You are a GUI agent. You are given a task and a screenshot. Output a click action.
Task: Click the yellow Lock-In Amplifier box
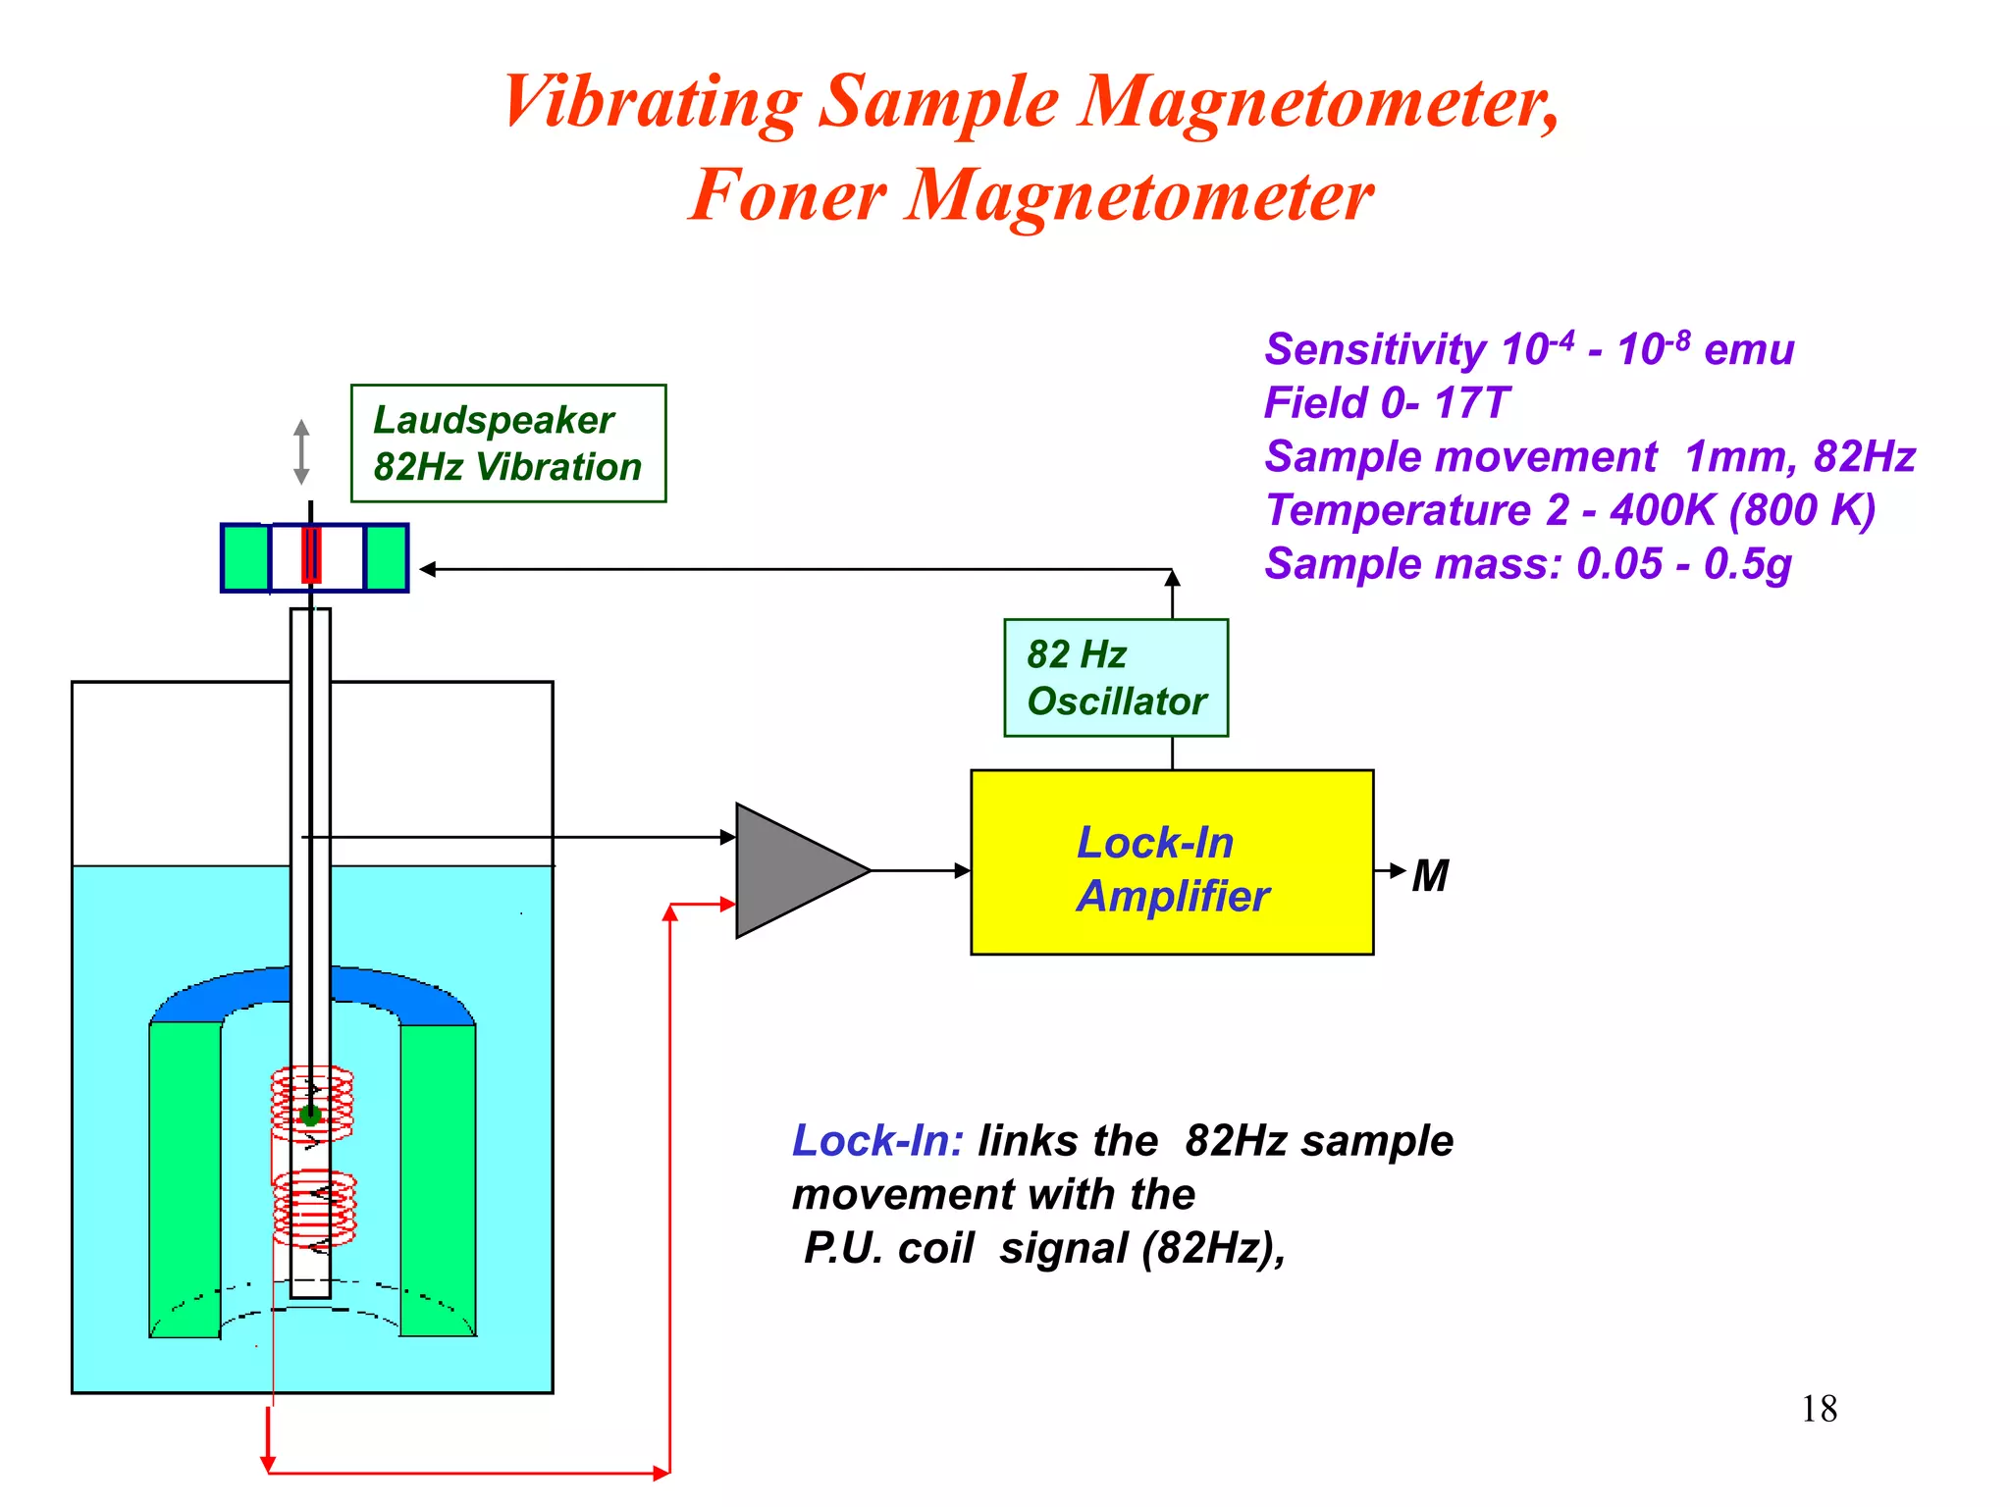tap(1172, 861)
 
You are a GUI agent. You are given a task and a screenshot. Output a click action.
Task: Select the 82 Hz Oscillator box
tap(1116, 678)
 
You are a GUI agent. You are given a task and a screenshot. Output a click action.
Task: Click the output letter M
tap(1430, 876)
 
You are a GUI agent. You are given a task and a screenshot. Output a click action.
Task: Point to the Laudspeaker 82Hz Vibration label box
tap(508, 443)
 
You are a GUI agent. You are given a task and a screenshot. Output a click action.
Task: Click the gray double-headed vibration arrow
tap(301, 452)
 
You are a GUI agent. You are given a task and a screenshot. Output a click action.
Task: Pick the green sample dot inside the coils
tap(311, 1115)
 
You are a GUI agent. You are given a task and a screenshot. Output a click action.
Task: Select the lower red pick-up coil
tap(314, 1208)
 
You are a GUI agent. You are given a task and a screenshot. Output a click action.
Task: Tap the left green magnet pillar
tap(185, 1177)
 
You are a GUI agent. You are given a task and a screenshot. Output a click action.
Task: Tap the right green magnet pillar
tap(438, 1177)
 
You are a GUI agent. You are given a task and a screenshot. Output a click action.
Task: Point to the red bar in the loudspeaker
tap(311, 555)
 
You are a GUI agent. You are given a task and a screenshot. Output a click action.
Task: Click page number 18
tap(1819, 1409)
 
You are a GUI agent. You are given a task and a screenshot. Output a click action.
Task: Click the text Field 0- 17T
tap(1386, 403)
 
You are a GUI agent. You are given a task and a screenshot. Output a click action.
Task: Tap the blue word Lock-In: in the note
tap(876, 1141)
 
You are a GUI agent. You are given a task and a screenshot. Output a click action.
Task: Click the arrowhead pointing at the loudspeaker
tap(428, 569)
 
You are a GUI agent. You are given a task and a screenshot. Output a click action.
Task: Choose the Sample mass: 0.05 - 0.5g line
tap(1528, 564)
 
